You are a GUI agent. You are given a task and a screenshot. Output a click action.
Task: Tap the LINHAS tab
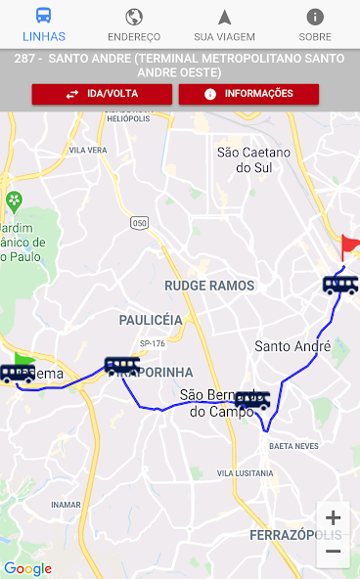click(x=45, y=24)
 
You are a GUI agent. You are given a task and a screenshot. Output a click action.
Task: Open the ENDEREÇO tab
click(x=134, y=24)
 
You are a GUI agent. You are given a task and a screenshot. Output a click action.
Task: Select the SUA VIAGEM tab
click(x=224, y=24)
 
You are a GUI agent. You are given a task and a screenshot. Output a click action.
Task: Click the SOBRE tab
click(x=314, y=24)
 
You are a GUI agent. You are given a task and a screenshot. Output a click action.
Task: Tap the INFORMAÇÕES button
click(x=248, y=94)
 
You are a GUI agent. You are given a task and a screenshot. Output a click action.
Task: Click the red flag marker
click(x=349, y=246)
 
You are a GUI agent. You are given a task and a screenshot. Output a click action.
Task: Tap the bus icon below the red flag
click(x=339, y=285)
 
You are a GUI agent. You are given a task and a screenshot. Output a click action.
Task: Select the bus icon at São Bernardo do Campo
click(x=252, y=399)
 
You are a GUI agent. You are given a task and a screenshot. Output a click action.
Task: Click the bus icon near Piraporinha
click(x=121, y=365)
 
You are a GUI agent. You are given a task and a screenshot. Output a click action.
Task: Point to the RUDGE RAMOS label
click(x=209, y=286)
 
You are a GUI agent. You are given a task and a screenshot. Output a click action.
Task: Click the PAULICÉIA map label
click(x=151, y=320)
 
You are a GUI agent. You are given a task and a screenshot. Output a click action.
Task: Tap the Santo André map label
click(x=292, y=346)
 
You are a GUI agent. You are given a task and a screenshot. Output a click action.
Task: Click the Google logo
click(x=27, y=568)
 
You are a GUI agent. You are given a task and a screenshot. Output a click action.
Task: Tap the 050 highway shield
click(x=139, y=223)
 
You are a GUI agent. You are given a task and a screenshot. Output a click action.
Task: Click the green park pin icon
click(x=15, y=201)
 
